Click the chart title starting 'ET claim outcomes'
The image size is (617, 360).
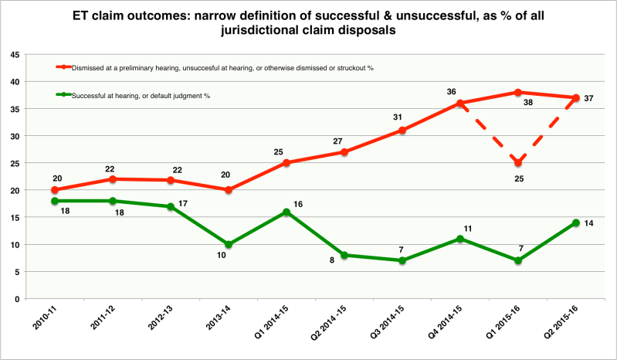[x=308, y=22]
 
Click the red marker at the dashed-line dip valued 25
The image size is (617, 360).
[x=518, y=163]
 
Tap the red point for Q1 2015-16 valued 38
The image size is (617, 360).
[x=518, y=92]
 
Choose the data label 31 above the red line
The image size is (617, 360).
[x=397, y=117]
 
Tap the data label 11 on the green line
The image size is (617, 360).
[x=468, y=229]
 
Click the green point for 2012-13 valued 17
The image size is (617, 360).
[x=171, y=206]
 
